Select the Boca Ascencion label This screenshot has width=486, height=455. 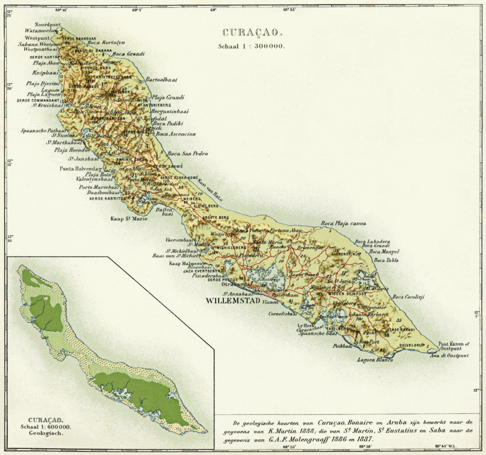[x=176, y=133]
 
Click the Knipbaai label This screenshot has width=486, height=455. [x=38, y=72]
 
